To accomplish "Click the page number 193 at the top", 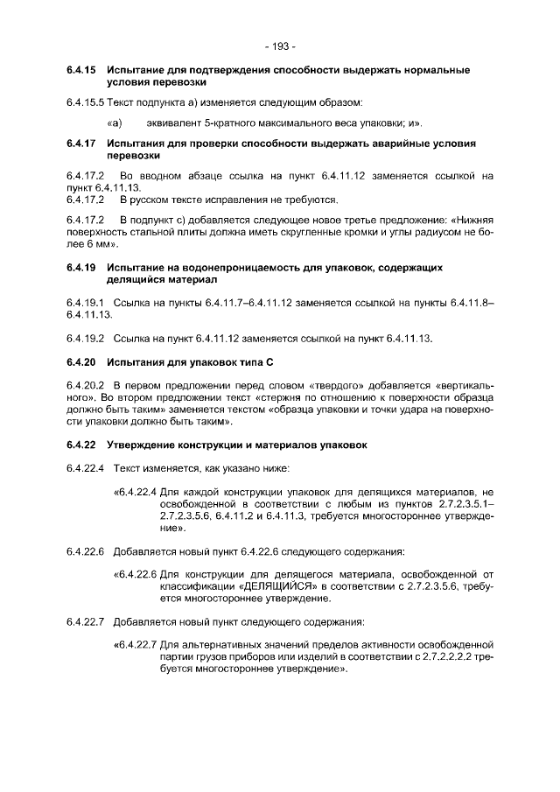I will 280,46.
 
